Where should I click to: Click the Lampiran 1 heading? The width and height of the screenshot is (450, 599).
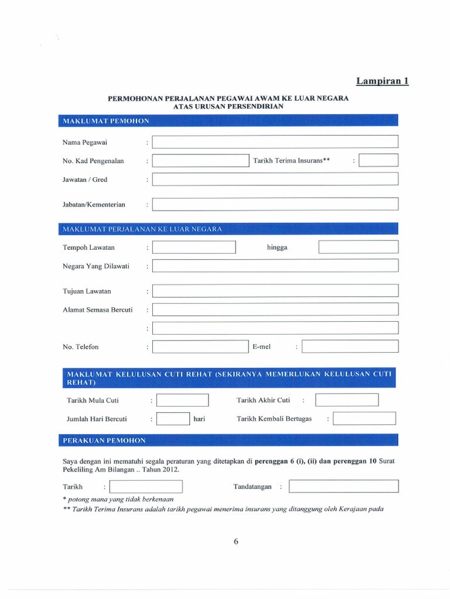click(x=383, y=81)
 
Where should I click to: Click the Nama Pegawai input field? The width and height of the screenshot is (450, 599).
click(x=275, y=142)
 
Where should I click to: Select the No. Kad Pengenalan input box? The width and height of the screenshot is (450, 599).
click(x=200, y=161)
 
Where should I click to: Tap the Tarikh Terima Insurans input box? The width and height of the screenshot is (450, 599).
click(x=379, y=160)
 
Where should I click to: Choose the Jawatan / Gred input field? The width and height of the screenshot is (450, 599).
click(x=275, y=179)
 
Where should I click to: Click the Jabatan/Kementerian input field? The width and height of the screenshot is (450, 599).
click(x=275, y=204)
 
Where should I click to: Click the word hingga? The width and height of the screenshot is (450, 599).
click(x=277, y=247)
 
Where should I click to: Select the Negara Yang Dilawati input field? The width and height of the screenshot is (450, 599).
click(x=275, y=266)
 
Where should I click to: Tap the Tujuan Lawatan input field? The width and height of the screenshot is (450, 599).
click(x=275, y=291)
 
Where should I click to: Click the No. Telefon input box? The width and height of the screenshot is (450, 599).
click(x=200, y=346)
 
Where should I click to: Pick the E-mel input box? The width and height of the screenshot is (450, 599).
click(x=350, y=346)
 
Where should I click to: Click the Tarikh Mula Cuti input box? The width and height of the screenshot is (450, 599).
click(x=183, y=400)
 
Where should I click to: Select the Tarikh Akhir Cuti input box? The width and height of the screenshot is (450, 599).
click(x=347, y=400)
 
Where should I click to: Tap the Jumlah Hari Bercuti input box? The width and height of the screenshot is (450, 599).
click(x=173, y=419)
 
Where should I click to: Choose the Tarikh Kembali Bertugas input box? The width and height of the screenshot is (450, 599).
click(x=364, y=419)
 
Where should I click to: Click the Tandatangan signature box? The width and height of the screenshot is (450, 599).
click(x=343, y=486)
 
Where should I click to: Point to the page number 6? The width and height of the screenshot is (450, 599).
click(x=236, y=541)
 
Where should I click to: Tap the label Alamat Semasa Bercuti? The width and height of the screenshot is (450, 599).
click(x=98, y=309)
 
